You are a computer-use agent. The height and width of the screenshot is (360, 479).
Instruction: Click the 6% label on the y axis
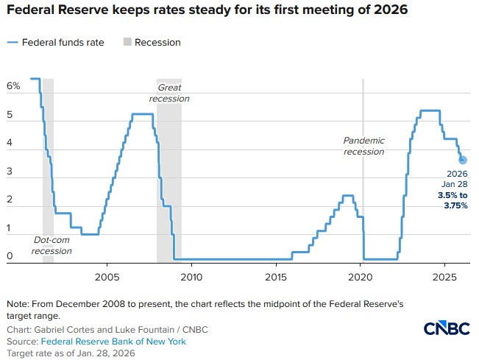tap(13, 87)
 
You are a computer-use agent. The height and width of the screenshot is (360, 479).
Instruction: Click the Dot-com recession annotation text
tap(52, 245)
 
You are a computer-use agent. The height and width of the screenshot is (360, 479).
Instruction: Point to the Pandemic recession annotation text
tap(363, 146)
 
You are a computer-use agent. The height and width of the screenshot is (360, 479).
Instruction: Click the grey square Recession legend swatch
tap(127, 43)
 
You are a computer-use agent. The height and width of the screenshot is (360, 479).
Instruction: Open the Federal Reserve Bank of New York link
tap(113, 342)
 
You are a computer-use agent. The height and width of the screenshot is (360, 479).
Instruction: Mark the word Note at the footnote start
tap(17, 304)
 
